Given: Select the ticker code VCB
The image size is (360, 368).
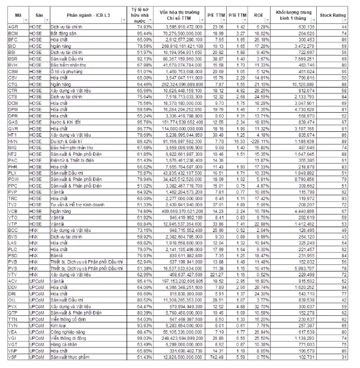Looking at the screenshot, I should pyautogui.click(x=13, y=211).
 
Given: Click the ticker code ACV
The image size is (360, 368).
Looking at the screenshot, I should pyautogui.click(x=13, y=280).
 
